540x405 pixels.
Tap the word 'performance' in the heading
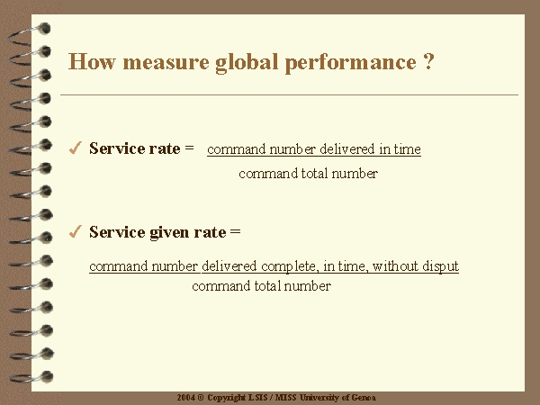click(351, 64)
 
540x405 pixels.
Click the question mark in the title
click(428, 61)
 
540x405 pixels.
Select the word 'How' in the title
click(92, 61)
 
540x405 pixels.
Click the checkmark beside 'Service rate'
click(75, 148)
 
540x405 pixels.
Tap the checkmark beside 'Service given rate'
click(75, 231)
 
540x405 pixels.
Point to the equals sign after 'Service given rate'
click(235, 231)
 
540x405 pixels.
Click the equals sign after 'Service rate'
click(189, 148)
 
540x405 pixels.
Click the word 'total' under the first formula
click(314, 173)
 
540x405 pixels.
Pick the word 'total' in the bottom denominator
click(267, 286)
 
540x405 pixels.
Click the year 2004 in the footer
click(186, 398)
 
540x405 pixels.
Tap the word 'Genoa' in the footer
click(364, 398)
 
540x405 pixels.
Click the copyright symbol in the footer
click(201, 398)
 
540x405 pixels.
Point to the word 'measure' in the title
click(166, 62)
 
